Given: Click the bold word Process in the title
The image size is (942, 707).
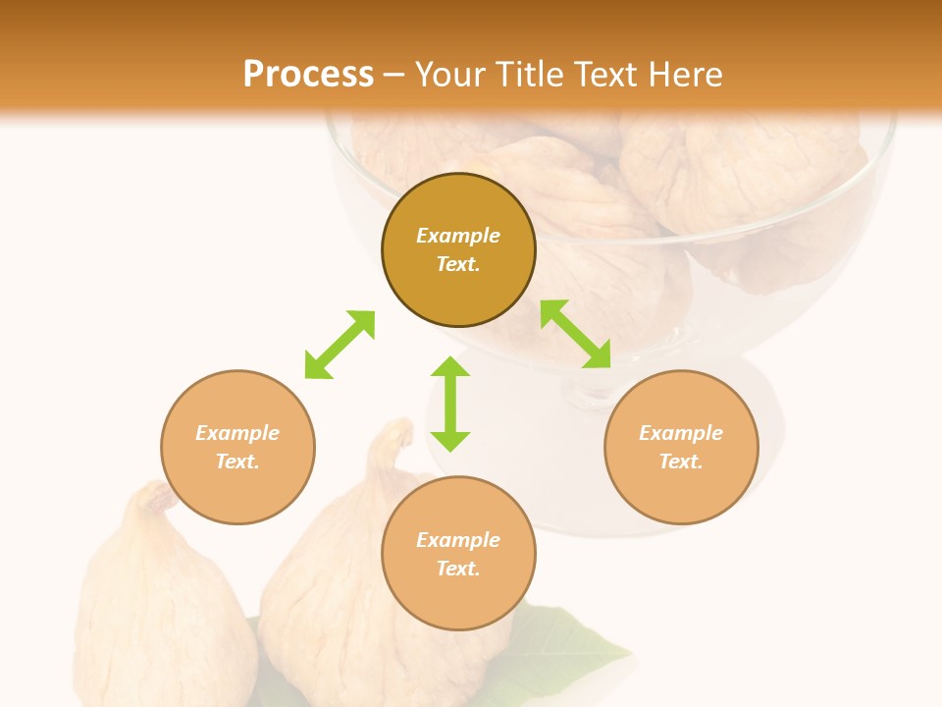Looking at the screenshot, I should coord(308,74).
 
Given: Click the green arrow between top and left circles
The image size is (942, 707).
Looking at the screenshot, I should coord(340,345).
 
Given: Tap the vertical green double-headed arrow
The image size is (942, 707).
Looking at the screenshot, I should coord(450,404).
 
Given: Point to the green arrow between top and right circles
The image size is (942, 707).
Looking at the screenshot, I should coord(576,334).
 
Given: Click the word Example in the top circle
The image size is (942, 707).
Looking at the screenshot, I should coord(458,236).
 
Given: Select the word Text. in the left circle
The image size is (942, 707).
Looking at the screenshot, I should coord(237,462).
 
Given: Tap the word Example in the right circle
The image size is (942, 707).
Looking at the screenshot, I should coord(681,433).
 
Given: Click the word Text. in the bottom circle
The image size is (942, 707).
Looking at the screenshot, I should coord(458,569).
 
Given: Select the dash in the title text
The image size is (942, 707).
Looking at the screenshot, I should coord(393,75).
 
